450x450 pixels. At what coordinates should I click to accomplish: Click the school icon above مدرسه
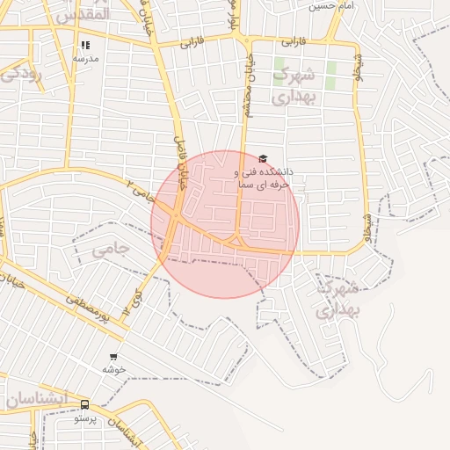(85, 45)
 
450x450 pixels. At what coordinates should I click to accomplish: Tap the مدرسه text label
(85, 58)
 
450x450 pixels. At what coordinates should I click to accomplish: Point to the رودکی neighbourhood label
(20, 74)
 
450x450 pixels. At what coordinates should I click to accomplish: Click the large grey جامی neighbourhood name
(110, 249)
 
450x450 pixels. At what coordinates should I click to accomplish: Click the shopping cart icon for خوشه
(113, 357)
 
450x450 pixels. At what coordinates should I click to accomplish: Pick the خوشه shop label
(113, 369)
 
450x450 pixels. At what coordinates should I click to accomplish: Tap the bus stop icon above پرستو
(85, 405)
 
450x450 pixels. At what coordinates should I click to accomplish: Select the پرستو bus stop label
(85, 418)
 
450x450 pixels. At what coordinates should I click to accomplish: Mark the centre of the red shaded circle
(225, 224)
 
